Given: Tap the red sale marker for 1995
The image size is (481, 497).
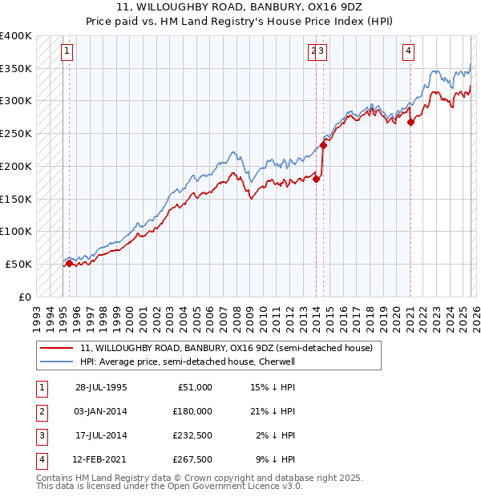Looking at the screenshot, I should [69, 263].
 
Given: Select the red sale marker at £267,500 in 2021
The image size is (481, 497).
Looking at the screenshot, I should [410, 123].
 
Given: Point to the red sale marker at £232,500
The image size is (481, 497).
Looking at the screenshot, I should [324, 145].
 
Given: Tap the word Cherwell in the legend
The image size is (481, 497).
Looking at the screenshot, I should [277, 362].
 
